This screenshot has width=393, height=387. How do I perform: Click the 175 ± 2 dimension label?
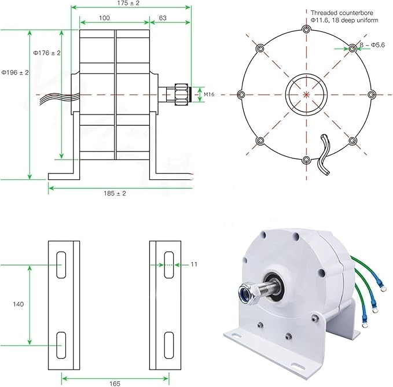(x=131, y=3)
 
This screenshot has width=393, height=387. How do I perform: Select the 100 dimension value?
(x=104, y=18)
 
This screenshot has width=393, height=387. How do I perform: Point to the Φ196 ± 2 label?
(x=14, y=72)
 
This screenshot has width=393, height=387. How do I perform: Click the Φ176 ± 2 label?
(x=47, y=53)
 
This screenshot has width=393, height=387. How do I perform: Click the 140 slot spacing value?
(x=18, y=304)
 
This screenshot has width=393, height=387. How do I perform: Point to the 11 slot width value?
(x=194, y=264)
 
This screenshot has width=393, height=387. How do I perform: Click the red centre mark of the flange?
(x=306, y=94)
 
